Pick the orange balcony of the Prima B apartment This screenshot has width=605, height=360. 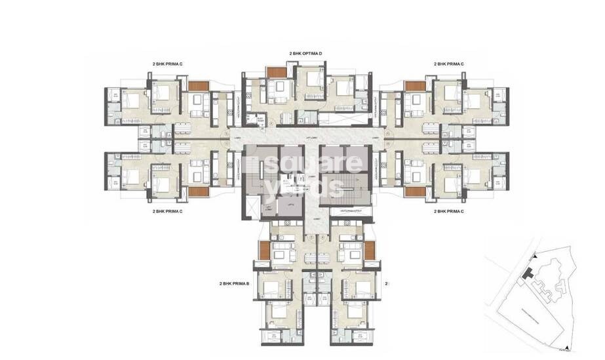coord(263,250)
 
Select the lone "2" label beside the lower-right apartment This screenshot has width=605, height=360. coord(388,284)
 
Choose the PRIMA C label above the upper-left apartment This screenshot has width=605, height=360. coord(167,64)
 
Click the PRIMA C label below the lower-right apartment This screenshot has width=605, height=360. coord(448,212)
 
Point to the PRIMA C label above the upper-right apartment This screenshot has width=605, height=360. coord(448,64)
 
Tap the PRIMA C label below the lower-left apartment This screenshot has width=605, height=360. coord(167,212)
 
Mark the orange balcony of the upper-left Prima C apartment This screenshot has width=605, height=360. coord(198,86)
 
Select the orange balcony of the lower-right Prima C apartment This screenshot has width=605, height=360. coord(414,191)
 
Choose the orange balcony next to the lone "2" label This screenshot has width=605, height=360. coord(369,250)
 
